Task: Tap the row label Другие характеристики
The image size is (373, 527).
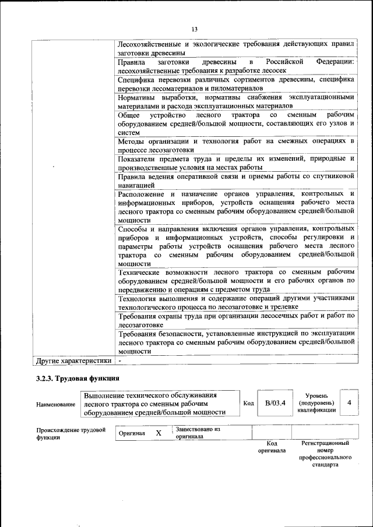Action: pos(73,360)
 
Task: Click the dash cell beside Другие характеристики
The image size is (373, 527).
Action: pos(119,360)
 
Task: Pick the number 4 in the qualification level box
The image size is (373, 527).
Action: pos(349,403)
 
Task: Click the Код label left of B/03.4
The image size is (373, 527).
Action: pos(248,404)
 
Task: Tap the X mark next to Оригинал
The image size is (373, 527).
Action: pos(159,433)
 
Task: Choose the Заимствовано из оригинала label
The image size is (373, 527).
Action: pos(198,433)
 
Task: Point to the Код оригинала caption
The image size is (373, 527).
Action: pos(272,447)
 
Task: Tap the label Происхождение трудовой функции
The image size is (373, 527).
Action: pos(71,433)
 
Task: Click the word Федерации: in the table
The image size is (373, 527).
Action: pos(336,61)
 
